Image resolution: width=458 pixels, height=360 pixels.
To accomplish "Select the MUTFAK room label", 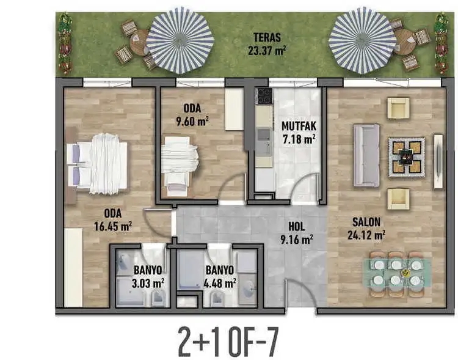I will click(x=298, y=127).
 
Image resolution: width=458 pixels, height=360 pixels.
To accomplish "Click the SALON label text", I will click(x=366, y=222).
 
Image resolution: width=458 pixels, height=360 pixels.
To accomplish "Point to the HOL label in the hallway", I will click(x=297, y=225).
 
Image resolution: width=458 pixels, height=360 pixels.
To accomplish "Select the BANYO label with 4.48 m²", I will click(x=220, y=270).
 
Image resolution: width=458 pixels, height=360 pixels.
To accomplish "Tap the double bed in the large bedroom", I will click(x=101, y=164).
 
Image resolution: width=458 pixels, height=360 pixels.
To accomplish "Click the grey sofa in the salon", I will click(x=366, y=155).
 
